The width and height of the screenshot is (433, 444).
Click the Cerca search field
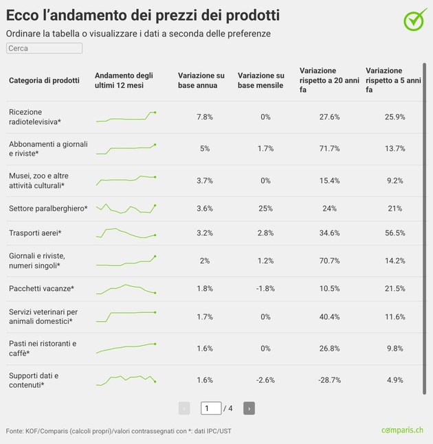[44, 49]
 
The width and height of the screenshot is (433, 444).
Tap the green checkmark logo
[414, 20]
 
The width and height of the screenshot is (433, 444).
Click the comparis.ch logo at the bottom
[402, 430]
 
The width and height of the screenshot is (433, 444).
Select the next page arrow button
[249, 408]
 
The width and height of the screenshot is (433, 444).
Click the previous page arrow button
[184, 408]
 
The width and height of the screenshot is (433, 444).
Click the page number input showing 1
[211, 408]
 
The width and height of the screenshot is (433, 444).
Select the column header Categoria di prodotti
[44, 80]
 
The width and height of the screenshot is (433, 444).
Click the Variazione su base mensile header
[260, 80]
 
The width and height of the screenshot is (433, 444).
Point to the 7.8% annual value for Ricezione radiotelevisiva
[205, 117]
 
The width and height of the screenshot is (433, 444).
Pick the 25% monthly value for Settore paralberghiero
[266, 209]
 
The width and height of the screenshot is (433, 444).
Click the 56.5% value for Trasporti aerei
[395, 233]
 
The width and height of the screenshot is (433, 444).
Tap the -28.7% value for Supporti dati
[330, 380]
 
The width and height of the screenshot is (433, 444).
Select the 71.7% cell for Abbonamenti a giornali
[330, 149]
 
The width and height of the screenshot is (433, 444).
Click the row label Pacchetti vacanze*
[41, 288]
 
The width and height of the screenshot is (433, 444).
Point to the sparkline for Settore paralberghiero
[126, 209]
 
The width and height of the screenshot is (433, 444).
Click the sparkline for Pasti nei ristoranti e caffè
[126, 348]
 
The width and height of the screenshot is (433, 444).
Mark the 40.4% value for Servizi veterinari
[330, 317]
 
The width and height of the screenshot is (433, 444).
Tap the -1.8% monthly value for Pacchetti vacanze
[266, 288]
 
